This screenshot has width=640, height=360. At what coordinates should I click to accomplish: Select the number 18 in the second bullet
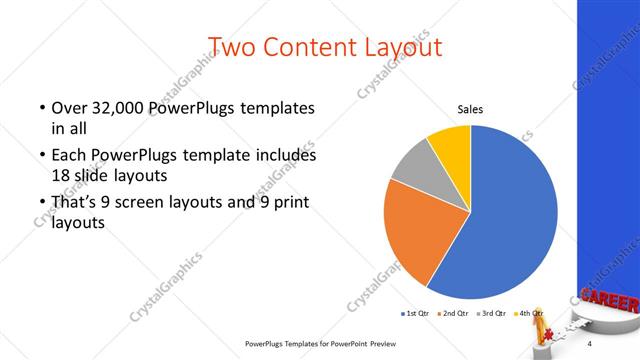[60, 175]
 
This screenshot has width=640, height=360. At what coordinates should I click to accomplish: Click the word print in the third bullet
[287, 204]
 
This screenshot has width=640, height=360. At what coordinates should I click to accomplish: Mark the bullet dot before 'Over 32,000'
[41, 108]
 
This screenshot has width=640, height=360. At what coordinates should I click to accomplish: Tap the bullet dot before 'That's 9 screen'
[41, 204]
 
